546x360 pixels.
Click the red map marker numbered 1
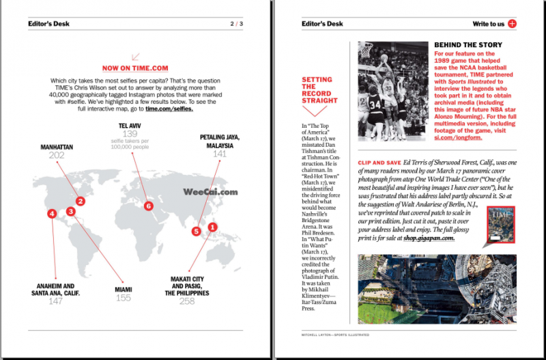[212, 227]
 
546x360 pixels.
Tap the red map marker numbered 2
[81, 201]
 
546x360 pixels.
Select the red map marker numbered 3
[70, 212]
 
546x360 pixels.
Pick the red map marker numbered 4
[52, 214]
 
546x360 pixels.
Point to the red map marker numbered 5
[197, 232]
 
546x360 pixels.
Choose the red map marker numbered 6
[149, 206]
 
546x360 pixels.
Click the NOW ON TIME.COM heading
[134, 68]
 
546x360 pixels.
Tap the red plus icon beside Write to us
[513, 24]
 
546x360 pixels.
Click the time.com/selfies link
[169, 109]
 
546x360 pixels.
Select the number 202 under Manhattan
[57, 155]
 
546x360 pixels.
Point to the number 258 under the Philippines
[187, 301]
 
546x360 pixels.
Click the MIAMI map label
[123, 290]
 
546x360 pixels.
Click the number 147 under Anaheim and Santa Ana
[55, 301]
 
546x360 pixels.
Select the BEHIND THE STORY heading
[468, 45]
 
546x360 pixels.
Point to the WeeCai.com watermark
[210, 193]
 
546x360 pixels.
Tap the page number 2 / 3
[236, 24]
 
